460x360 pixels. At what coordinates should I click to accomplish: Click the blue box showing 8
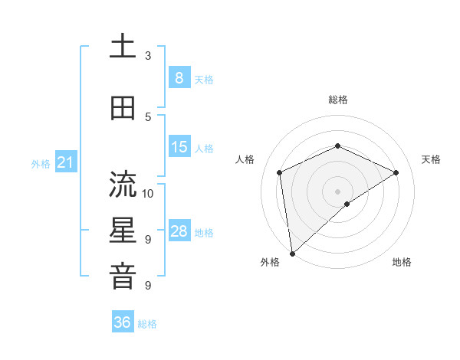tap(179, 78)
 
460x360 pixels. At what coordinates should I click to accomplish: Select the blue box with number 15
tap(179, 147)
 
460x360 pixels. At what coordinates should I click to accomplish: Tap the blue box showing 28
tap(179, 231)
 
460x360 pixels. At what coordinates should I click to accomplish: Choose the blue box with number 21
tap(65, 162)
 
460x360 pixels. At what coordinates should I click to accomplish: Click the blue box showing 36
tap(123, 322)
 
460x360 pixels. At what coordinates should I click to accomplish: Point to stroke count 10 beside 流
tap(148, 193)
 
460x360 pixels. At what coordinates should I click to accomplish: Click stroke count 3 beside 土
tap(148, 56)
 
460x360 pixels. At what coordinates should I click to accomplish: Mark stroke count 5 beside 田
tap(148, 116)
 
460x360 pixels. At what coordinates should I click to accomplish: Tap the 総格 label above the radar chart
tap(337, 100)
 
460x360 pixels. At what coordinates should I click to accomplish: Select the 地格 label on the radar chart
tap(402, 262)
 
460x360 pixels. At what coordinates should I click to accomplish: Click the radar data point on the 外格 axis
tap(291, 254)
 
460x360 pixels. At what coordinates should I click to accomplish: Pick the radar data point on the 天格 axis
tap(396, 172)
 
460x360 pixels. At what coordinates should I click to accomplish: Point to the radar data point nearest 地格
tap(347, 204)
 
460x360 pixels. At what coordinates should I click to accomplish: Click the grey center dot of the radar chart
tap(337, 191)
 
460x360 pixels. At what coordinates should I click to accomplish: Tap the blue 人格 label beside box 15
tap(204, 148)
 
